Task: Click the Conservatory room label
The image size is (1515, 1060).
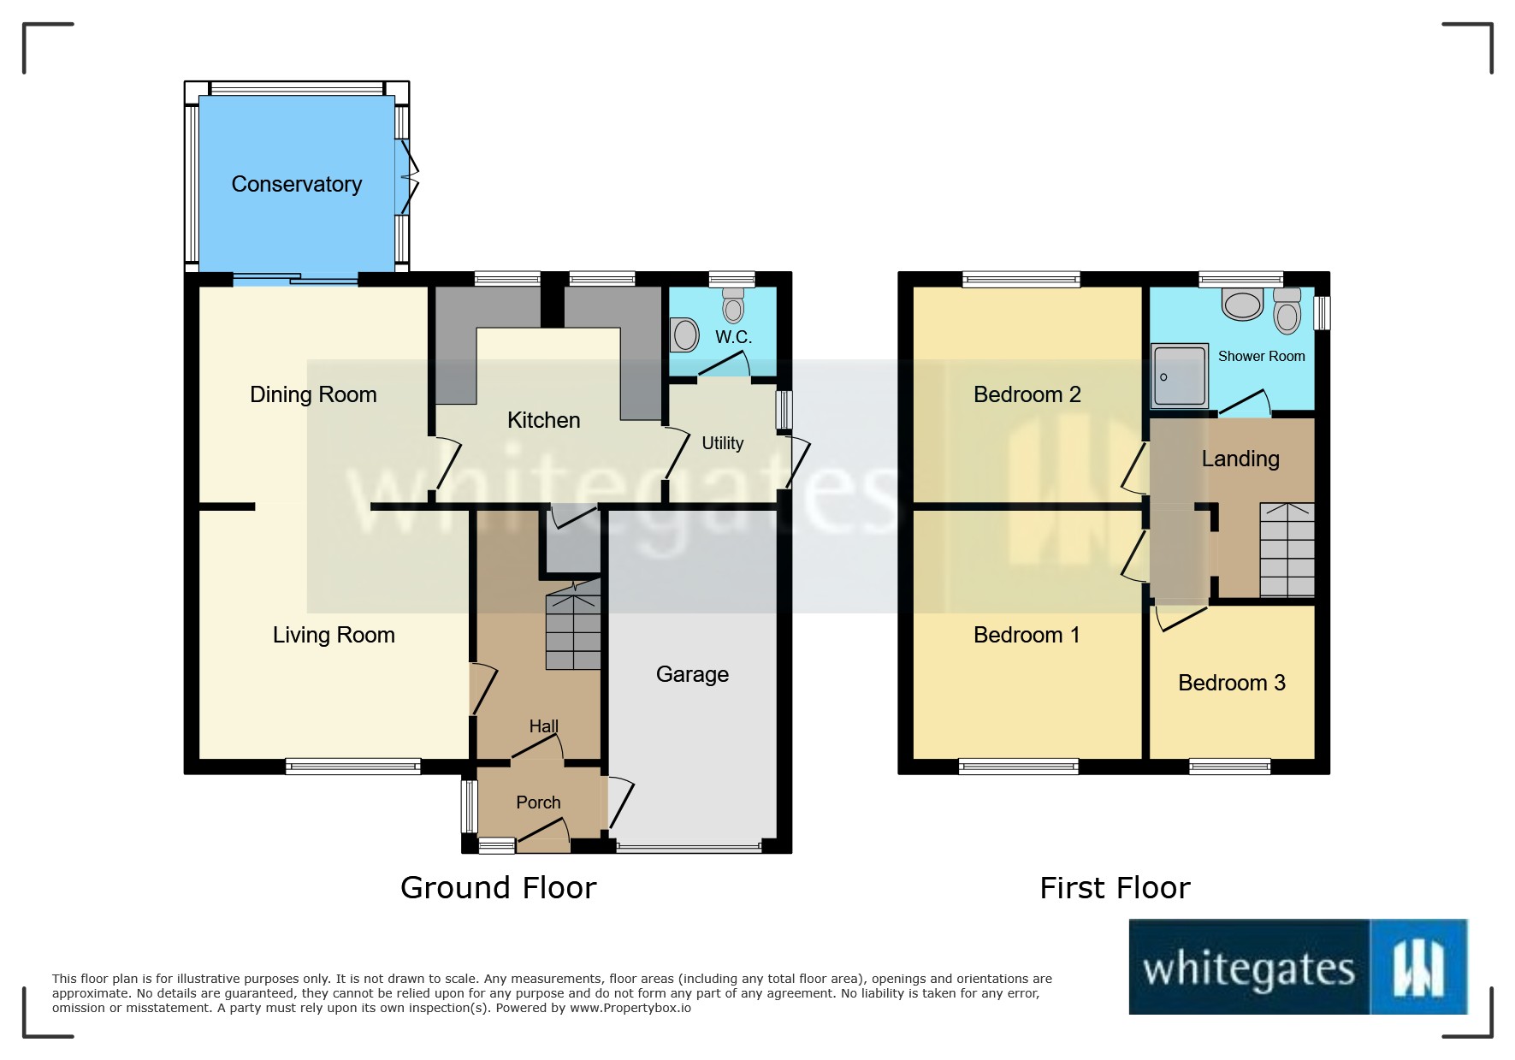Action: click(296, 184)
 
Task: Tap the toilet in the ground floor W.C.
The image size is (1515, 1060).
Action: click(733, 305)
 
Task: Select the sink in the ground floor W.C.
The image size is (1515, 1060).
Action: click(685, 335)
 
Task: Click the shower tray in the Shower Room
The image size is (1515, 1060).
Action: click(1179, 376)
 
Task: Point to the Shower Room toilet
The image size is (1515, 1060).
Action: click(1287, 311)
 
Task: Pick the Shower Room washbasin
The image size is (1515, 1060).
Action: click(1242, 304)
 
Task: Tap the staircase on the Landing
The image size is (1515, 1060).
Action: click(1287, 550)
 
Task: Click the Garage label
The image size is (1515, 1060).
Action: click(692, 674)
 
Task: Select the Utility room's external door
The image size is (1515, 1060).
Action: click(799, 462)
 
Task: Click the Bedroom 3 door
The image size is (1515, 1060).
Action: click(1181, 618)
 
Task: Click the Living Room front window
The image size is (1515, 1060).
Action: click(352, 767)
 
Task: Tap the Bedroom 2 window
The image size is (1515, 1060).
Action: click(1021, 280)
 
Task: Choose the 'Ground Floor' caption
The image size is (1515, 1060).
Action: click(498, 888)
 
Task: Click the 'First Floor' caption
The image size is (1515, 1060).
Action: click(1114, 888)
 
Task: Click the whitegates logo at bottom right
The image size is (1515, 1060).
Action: click(1298, 968)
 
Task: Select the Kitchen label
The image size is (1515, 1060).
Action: click(543, 420)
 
